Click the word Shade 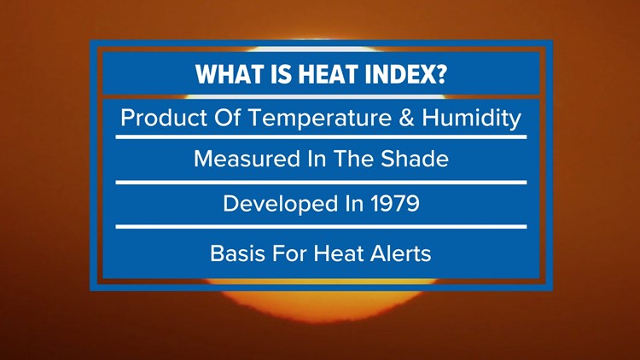coord(416,160)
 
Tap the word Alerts coord(399,253)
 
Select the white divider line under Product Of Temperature coord(320,136)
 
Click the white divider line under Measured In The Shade coord(320,182)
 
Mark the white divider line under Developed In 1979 coord(320,226)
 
